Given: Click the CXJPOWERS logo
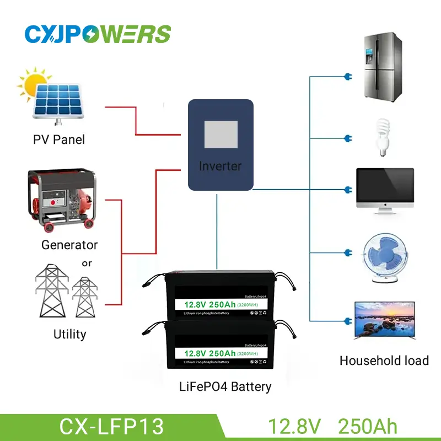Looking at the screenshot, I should coord(98,33).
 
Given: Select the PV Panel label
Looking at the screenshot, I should coord(58,140).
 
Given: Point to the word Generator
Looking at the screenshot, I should coord(69,244).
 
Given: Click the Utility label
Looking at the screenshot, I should coord(69,334).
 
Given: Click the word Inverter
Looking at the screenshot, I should coord(220,166).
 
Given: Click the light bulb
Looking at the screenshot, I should coord(381,136).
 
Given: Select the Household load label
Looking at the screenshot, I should coord(384,361).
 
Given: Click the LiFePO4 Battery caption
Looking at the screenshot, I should coord(225,386).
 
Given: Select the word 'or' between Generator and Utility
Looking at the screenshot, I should coord(87,263).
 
